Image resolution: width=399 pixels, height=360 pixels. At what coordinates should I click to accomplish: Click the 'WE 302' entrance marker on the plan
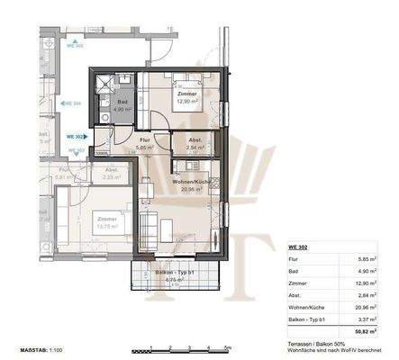coord(76,137)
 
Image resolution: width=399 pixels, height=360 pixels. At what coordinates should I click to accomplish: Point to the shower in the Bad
coord(111,84)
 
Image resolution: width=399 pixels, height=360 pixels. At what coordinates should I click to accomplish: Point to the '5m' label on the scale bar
coord(228,347)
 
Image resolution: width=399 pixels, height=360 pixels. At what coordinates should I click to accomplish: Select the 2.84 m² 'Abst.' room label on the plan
coord(195,143)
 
